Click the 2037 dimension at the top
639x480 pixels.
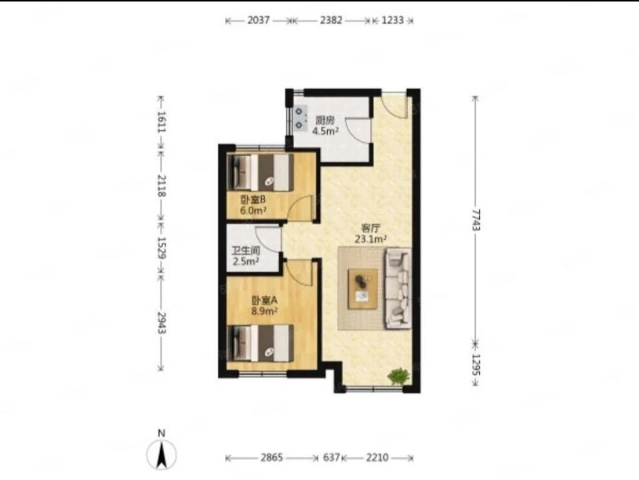click(x=259, y=20)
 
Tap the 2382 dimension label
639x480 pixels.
click(x=331, y=20)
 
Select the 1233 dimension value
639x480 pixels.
click(x=392, y=20)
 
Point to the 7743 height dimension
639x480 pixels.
click(x=476, y=220)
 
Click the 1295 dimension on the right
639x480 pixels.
click(x=476, y=365)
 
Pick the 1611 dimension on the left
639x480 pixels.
click(x=162, y=121)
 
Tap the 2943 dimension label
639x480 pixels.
click(x=162, y=323)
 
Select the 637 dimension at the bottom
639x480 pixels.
click(x=331, y=458)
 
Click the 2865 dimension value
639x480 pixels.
click(x=272, y=458)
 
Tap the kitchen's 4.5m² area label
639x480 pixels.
click(x=325, y=131)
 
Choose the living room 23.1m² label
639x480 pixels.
click(x=370, y=239)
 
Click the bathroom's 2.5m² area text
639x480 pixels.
click(x=246, y=262)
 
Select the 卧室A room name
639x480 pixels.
click(x=264, y=301)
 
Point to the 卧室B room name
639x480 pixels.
click(x=253, y=200)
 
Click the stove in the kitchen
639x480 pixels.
click(x=301, y=117)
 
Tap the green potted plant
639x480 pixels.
click(x=399, y=376)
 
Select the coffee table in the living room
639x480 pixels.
click(x=362, y=289)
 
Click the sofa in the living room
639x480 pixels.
click(x=398, y=288)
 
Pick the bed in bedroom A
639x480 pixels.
click(x=260, y=343)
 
